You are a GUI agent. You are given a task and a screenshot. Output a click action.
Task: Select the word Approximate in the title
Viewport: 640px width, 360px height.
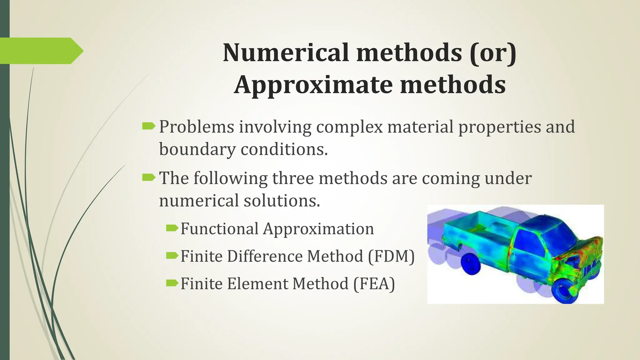click(314, 85)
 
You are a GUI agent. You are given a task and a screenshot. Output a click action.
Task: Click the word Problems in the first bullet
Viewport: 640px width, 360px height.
click(197, 127)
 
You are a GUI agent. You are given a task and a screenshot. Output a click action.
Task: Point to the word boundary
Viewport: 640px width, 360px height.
click(197, 149)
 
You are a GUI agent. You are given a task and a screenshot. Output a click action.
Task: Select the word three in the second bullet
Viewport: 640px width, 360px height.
click(293, 178)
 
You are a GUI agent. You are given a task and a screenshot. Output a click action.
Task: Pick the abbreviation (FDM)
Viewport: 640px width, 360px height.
click(391, 256)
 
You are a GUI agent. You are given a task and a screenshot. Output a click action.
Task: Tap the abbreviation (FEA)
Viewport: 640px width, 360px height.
click(374, 284)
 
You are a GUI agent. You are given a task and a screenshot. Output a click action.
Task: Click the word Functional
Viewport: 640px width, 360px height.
click(219, 229)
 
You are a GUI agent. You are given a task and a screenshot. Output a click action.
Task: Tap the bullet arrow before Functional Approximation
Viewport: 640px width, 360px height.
click(172, 228)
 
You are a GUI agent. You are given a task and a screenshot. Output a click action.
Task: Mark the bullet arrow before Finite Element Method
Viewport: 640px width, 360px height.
click(172, 283)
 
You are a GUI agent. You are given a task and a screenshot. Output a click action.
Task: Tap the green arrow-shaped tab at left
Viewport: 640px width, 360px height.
click(41, 51)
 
